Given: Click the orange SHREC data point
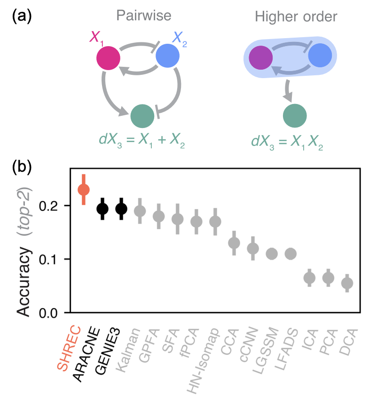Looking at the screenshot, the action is point(84,190).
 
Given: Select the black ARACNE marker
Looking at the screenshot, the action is point(102,208).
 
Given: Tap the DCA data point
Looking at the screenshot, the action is point(347,283).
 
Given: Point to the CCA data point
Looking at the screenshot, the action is point(234,243).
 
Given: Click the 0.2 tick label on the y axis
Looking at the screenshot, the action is point(48,206).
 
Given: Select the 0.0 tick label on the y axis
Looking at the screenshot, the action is point(48,313).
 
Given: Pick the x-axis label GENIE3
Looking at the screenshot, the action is point(107,351).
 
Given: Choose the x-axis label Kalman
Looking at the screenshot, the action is point(128,350).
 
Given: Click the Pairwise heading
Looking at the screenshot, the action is point(144,16).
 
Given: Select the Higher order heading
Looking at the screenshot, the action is point(296,16).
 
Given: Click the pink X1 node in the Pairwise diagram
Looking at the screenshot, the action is point(108,58).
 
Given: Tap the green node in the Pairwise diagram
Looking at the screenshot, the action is point(142,116).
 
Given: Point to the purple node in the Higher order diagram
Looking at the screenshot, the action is point(260,58).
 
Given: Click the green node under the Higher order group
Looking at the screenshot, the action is point(295,116).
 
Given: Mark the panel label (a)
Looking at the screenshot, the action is point(22,16).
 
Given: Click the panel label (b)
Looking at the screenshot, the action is point(22,167).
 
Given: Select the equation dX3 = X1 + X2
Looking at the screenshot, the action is point(142,141).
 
